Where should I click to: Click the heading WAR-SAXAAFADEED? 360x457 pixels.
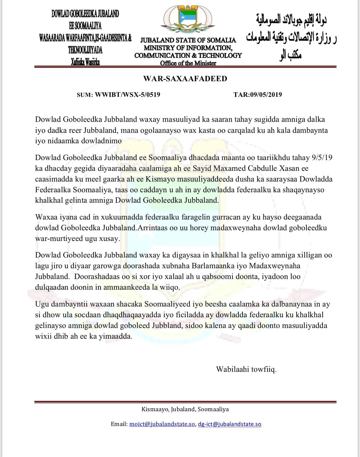[x=185, y=79]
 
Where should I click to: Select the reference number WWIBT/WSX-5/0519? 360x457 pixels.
[x=128, y=95]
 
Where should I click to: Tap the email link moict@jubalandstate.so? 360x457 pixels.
[x=162, y=424]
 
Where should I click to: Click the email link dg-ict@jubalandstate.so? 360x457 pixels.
[x=230, y=424]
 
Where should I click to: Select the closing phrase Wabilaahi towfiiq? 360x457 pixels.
[x=246, y=369]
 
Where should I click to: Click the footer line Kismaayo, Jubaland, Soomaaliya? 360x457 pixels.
[x=185, y=409]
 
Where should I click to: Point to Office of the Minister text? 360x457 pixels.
[x=188, y=63]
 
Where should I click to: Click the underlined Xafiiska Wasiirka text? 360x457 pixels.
[x=85, y=62]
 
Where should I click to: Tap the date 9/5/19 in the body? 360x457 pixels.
[x=322, y=158]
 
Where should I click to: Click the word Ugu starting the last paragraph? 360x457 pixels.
[x=42, y=304]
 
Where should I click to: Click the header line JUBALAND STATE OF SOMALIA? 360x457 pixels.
[x=188, y=40]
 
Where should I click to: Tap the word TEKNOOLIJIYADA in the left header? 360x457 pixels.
[x=85, y=50]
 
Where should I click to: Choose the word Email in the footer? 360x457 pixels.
[x=119, y=424]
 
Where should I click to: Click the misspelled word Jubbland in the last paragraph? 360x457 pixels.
[x=167, y=326]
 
